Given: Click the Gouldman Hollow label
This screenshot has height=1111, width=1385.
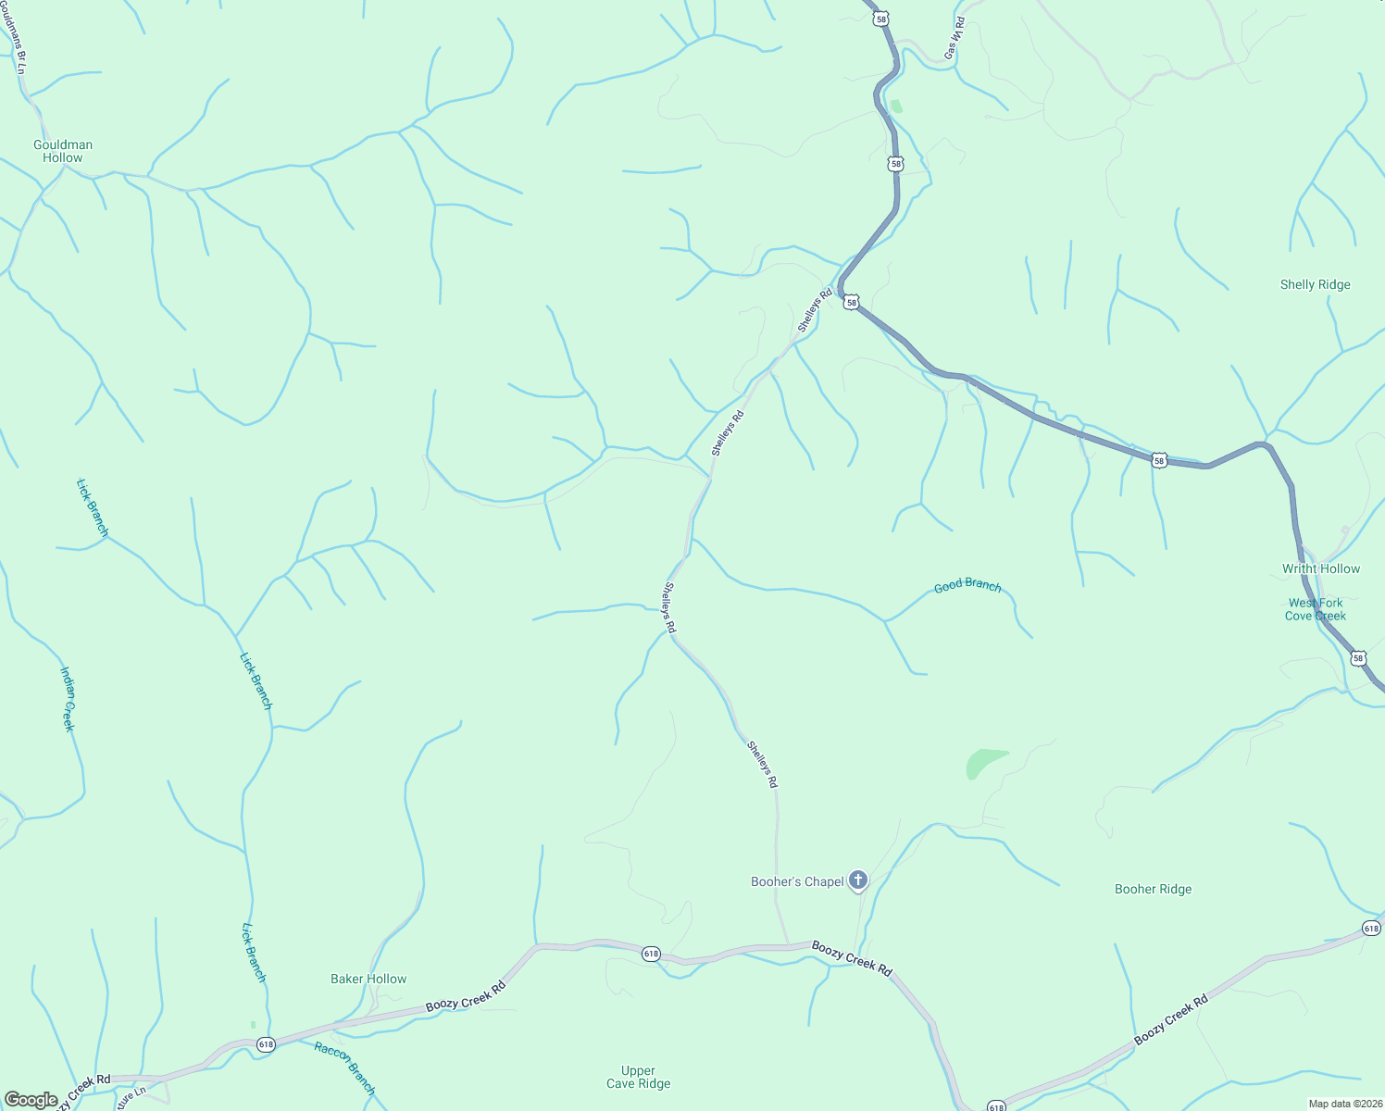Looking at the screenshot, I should click(63, 151).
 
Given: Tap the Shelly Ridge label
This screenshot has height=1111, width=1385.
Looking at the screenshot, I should click(1315, 284).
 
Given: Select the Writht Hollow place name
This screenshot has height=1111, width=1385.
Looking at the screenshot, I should click(1320, 568).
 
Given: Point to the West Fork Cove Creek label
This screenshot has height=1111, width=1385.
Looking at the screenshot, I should click(1315, 609).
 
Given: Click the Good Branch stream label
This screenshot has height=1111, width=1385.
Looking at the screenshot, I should click(967, 585).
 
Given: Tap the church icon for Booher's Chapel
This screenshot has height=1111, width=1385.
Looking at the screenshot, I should click(858, 880).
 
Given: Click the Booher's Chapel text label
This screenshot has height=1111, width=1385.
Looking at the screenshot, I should click(797, 881).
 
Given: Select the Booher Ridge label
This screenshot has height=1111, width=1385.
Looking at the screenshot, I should click(1153, 889).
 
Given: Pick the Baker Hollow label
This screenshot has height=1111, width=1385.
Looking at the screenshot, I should click(368, 979).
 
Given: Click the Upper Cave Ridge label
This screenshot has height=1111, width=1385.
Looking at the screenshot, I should click(638, 1077).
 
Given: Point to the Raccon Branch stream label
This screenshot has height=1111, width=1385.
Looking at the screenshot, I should click(344, 1067).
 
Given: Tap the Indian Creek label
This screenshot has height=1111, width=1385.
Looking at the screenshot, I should click(68, 699).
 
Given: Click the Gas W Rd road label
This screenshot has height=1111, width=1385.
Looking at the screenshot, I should click(955, 39).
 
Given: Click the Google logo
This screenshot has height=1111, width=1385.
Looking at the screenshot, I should click(31, 1099).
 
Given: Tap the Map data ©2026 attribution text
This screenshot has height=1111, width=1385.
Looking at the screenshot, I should click(1344, 1104).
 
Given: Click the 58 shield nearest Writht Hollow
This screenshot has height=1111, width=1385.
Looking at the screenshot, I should click(1357, 658).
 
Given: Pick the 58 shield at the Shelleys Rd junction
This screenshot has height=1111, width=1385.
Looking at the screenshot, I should click(851, 302).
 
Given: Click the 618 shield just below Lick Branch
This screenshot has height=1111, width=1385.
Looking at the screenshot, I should click(267, 1043).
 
